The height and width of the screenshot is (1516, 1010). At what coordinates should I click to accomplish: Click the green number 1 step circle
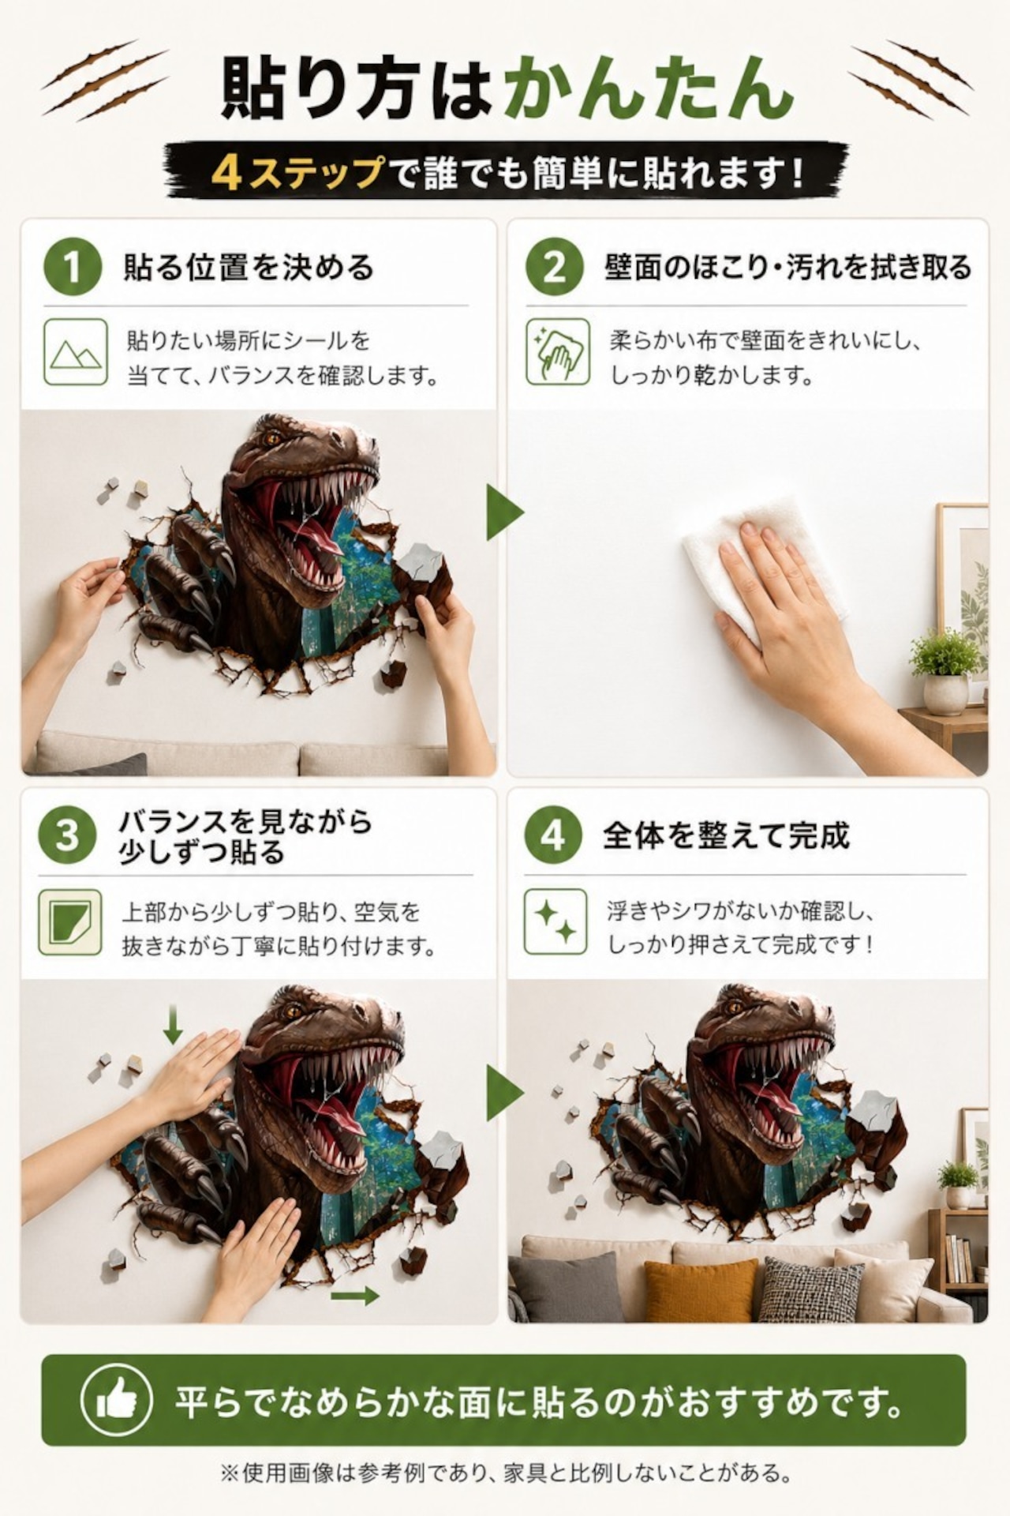click(73, 267)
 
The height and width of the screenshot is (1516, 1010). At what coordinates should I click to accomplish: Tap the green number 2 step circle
click(555, 267)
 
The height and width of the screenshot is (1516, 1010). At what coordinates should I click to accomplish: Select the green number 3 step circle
click(68, 835)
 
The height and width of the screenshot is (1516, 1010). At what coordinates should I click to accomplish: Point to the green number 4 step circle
click(553, 835)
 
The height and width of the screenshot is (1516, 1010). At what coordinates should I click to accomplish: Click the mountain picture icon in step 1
click(76, 352)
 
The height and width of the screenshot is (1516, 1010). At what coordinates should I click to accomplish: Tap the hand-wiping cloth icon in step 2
click(558, 352)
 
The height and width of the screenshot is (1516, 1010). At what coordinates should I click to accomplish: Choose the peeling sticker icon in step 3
click(70, 921)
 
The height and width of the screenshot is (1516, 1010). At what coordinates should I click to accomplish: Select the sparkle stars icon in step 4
click(555, 921)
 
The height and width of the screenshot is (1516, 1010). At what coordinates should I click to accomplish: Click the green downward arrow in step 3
click(173, 1023)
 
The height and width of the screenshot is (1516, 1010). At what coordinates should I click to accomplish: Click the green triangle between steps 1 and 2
click(503, 513)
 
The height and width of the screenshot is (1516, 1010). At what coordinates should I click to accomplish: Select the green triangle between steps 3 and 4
click(503, 1093)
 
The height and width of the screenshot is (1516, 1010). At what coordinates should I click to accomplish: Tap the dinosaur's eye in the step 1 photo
click(273, 437)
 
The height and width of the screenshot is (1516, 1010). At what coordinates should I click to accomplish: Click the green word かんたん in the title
click(649, 87)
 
